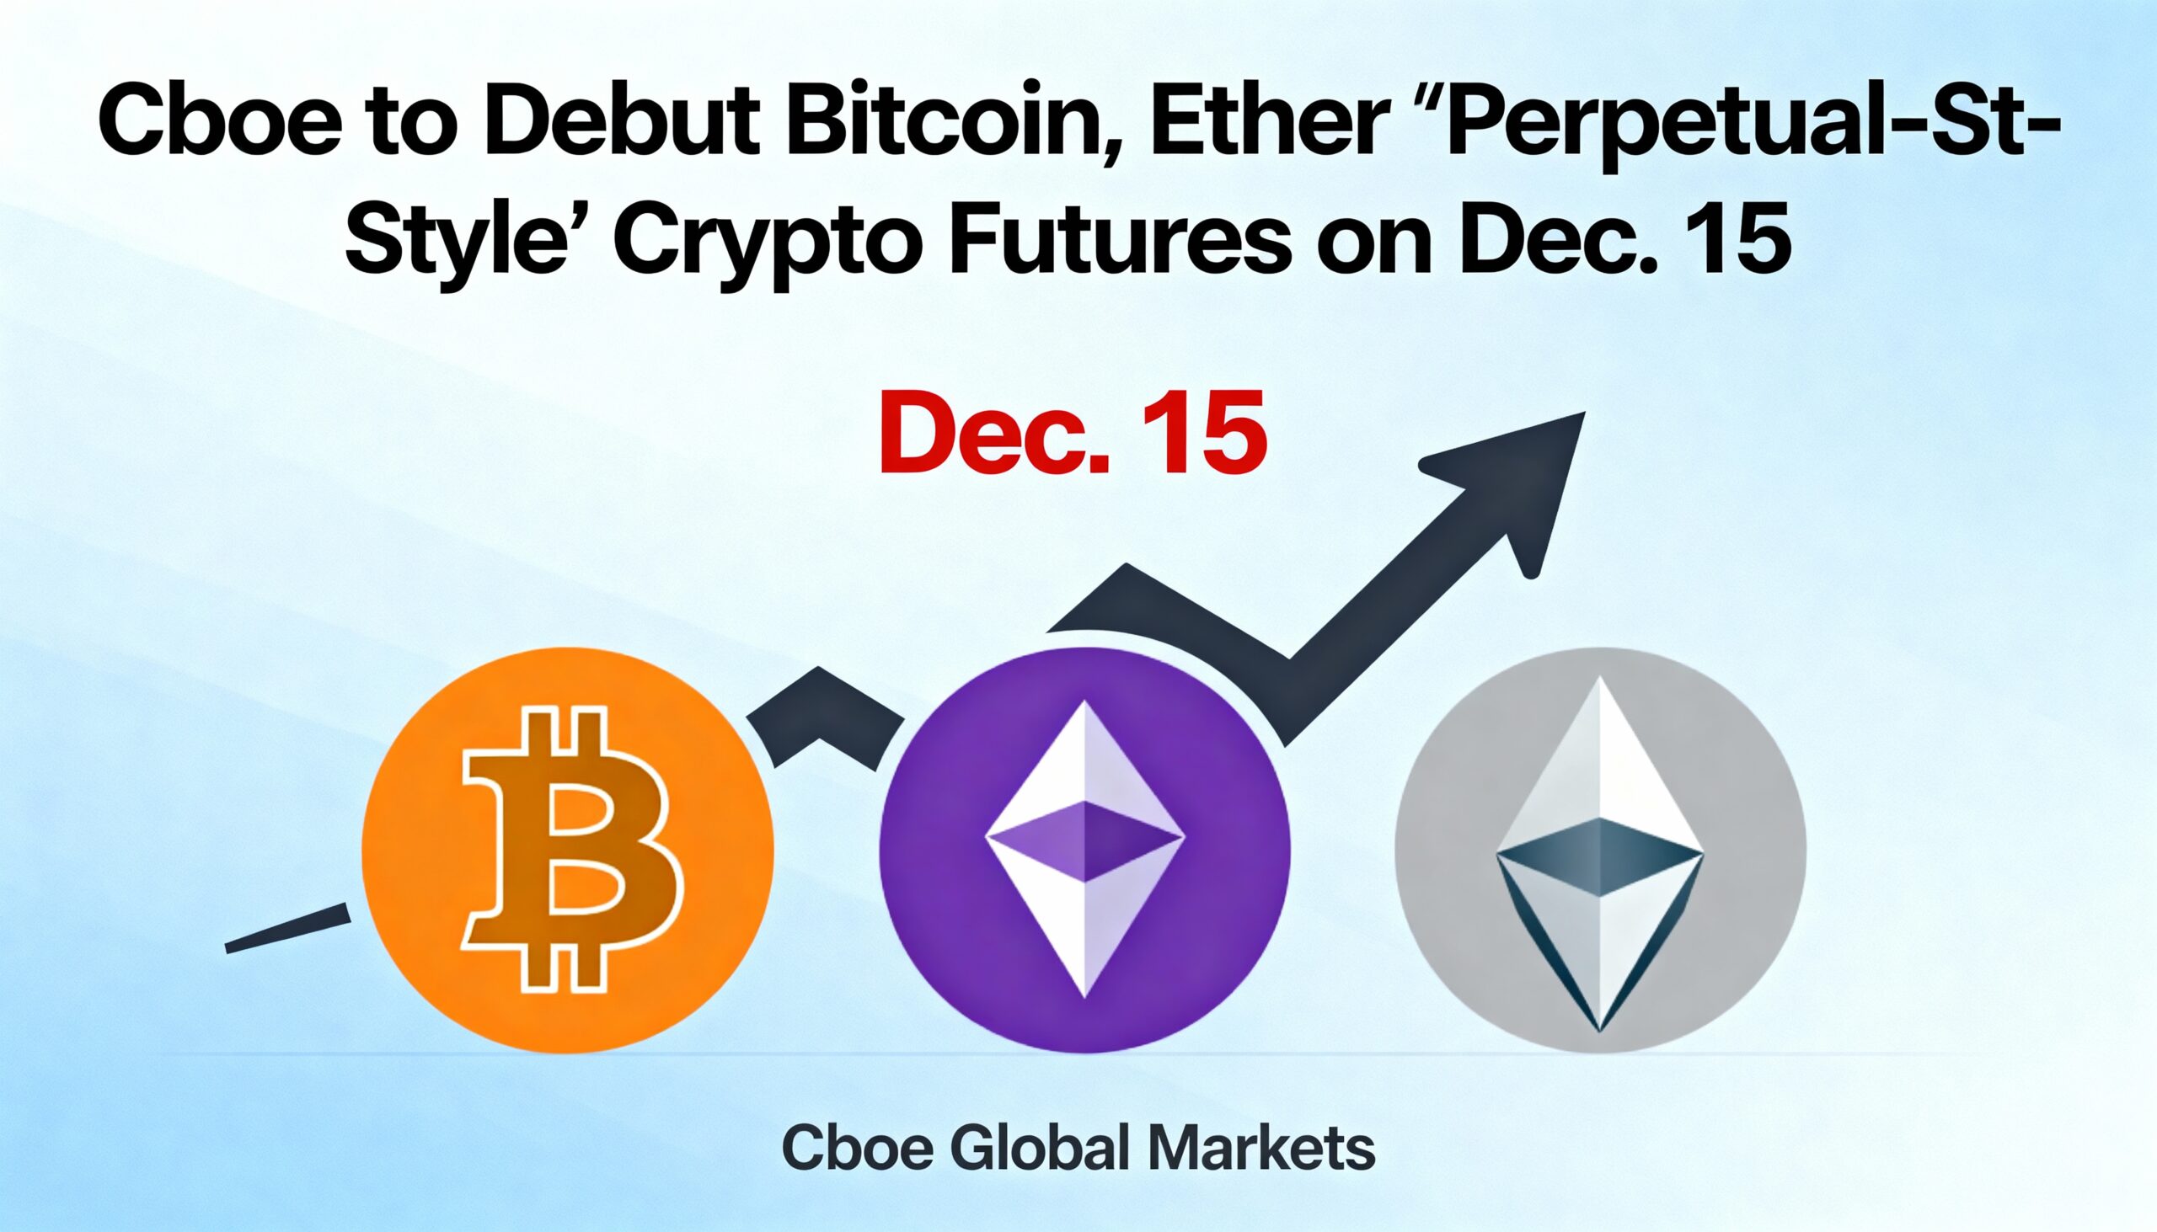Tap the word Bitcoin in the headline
[955, 121]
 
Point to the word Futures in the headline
[1121, 237]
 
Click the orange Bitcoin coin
[567, 850]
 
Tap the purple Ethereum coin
[1084, 850]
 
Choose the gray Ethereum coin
[1600, 850]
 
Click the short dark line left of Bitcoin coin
[288, 928]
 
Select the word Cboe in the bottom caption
[857, 1149]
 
